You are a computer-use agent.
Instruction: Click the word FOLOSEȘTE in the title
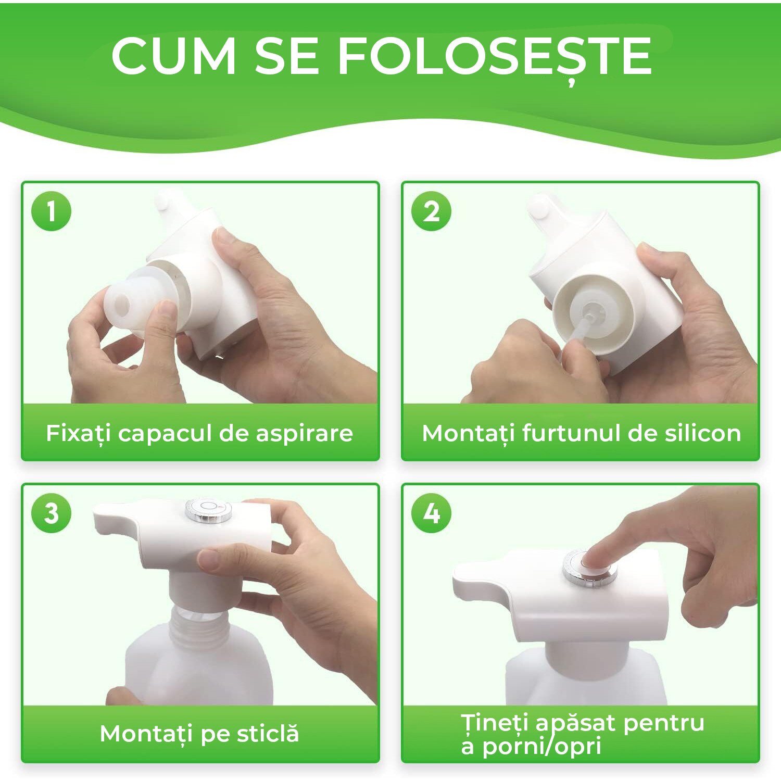click(x=495, y=56)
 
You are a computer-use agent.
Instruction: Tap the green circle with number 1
click(x=51, y=211)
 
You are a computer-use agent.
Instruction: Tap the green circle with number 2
click(x=431, y=211)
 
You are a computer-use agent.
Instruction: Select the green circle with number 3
click(x=51, y=513)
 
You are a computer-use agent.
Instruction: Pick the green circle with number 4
click(x=431, y=513)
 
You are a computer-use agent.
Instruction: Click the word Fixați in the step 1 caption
click(x=78, y=433)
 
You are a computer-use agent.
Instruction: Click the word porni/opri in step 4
click(x=541, y=746)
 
